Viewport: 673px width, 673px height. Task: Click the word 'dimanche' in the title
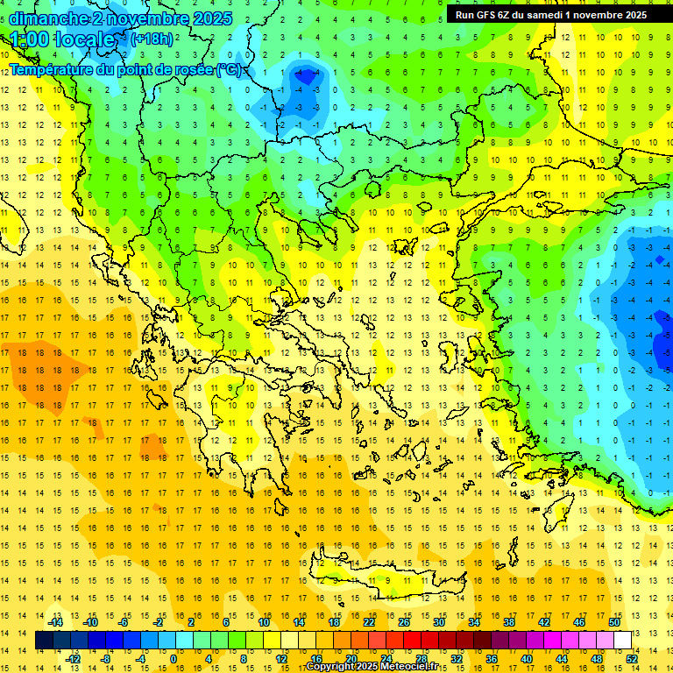point(44,18)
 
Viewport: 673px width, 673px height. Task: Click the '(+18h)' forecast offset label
point(152,39)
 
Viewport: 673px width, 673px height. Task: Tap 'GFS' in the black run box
point(487,15)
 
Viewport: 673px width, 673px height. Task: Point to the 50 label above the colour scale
point(614,622)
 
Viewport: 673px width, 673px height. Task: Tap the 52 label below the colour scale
point(632,658)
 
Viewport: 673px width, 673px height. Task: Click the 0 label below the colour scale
point(174,658)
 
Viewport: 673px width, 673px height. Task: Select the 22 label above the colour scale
point(369,622)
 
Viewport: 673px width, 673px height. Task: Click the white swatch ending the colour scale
point(622,641)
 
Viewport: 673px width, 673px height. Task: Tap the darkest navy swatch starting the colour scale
point(45,641)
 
